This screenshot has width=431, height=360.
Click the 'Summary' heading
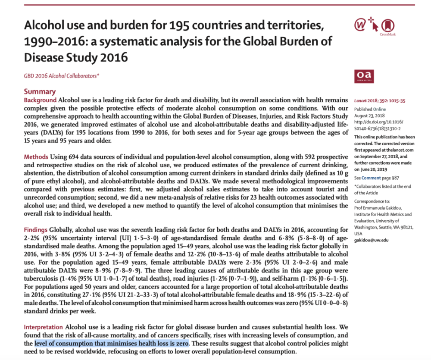coord(40,91)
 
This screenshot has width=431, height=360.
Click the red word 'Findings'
coord(37,230)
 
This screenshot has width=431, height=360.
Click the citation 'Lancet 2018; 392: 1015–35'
coord(380,100)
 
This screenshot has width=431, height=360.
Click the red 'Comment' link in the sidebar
coord(372,178)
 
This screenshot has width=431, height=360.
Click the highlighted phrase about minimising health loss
coord(112,344)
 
